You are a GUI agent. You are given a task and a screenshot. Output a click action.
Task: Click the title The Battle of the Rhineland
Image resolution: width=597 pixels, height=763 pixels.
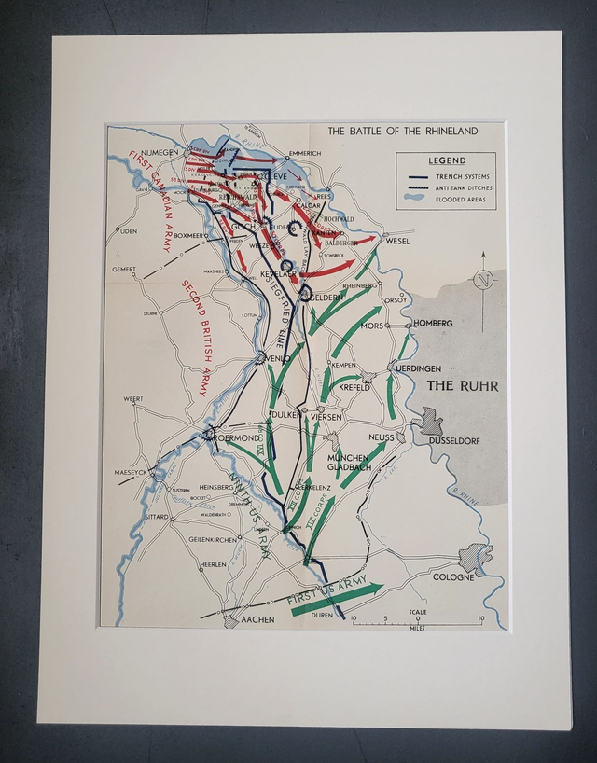(402, 131)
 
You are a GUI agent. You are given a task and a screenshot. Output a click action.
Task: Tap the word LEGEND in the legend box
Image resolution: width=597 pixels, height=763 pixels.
(447, 160)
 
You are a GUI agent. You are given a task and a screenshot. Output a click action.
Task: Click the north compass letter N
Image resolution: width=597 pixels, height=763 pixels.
(482, 278)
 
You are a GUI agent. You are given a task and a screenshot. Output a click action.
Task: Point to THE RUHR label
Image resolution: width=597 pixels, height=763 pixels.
(462, 385)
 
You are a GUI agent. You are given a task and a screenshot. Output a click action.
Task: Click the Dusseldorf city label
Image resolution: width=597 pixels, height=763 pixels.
(453, 439)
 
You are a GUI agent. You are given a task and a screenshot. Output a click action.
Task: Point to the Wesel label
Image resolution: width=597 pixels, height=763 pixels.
(397, 240)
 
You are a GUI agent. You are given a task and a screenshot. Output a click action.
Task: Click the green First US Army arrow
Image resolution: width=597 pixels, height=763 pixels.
(336, 597)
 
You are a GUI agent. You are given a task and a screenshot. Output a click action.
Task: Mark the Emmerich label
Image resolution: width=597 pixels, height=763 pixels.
(304, 153)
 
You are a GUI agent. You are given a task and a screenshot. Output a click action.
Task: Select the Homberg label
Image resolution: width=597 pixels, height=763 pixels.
(433, 323)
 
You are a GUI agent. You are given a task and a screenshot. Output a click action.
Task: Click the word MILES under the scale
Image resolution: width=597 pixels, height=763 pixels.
(417, 627)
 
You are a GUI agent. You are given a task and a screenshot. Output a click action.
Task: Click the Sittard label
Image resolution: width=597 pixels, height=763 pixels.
(156, 516)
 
